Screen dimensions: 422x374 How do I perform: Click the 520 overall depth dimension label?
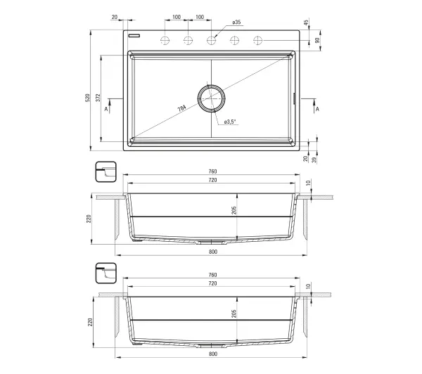(87, 98)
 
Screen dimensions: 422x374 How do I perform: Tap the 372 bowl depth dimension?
(98, 98)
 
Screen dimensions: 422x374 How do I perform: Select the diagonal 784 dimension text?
(181, 108)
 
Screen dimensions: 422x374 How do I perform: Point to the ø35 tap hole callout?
(236, 22)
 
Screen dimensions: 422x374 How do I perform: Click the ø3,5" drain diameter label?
(230, 122)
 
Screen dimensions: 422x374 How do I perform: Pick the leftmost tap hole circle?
(165, 40)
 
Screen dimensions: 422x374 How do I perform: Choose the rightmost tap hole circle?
(258, 40)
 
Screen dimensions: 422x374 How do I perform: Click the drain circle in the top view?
(211, 98)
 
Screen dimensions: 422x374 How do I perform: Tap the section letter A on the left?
(106, 109)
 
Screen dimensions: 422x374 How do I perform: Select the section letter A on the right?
(318, 109)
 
